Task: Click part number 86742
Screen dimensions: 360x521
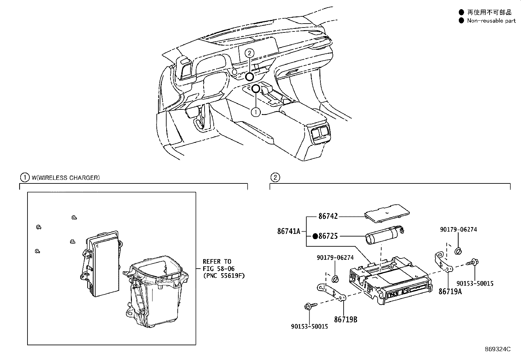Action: click(328, 216)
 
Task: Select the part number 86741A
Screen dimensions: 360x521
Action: click(289, 231)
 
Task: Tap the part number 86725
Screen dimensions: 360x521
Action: click(328, 236)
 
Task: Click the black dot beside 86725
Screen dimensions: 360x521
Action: click(315, 236)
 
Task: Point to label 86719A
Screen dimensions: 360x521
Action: click(450, 291)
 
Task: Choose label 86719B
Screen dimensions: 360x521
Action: click(346, 319)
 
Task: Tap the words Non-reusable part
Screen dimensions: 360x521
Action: click(491, 21)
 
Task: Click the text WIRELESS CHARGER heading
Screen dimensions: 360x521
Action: click(65, 178)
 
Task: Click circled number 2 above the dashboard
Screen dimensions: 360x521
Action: click(249, 53)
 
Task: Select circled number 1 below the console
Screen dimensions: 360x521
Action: click(256, 112)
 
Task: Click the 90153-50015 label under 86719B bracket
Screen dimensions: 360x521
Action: click(309, 326)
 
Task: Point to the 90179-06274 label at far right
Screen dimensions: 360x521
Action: click(458, 229)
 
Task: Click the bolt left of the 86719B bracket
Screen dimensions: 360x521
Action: click(308, 306)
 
